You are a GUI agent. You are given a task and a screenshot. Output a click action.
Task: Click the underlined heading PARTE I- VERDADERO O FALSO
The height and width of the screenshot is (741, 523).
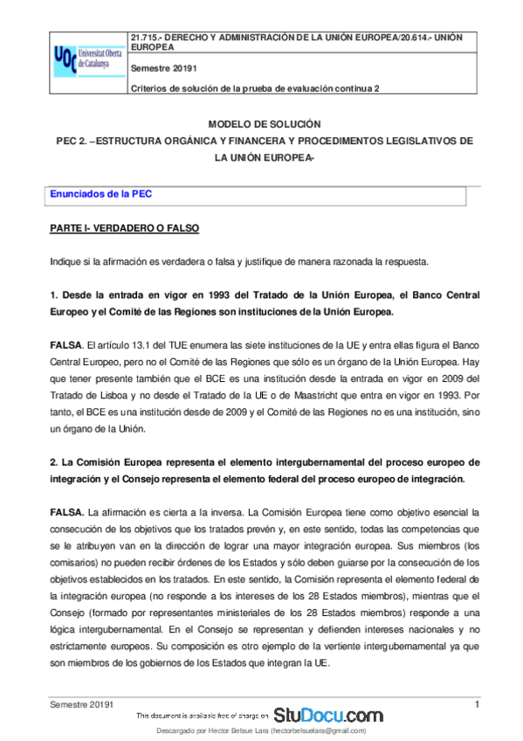click(125, 229)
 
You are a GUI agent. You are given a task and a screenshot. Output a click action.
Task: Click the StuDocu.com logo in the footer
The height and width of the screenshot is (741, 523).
click(328, 714)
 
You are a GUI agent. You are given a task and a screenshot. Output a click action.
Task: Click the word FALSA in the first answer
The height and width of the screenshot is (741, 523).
click(65, 347)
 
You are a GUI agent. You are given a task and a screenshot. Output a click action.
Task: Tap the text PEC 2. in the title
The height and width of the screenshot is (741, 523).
click(71, 140)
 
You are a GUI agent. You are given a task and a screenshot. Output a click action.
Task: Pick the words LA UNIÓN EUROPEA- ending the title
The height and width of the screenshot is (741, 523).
click(264, 157)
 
